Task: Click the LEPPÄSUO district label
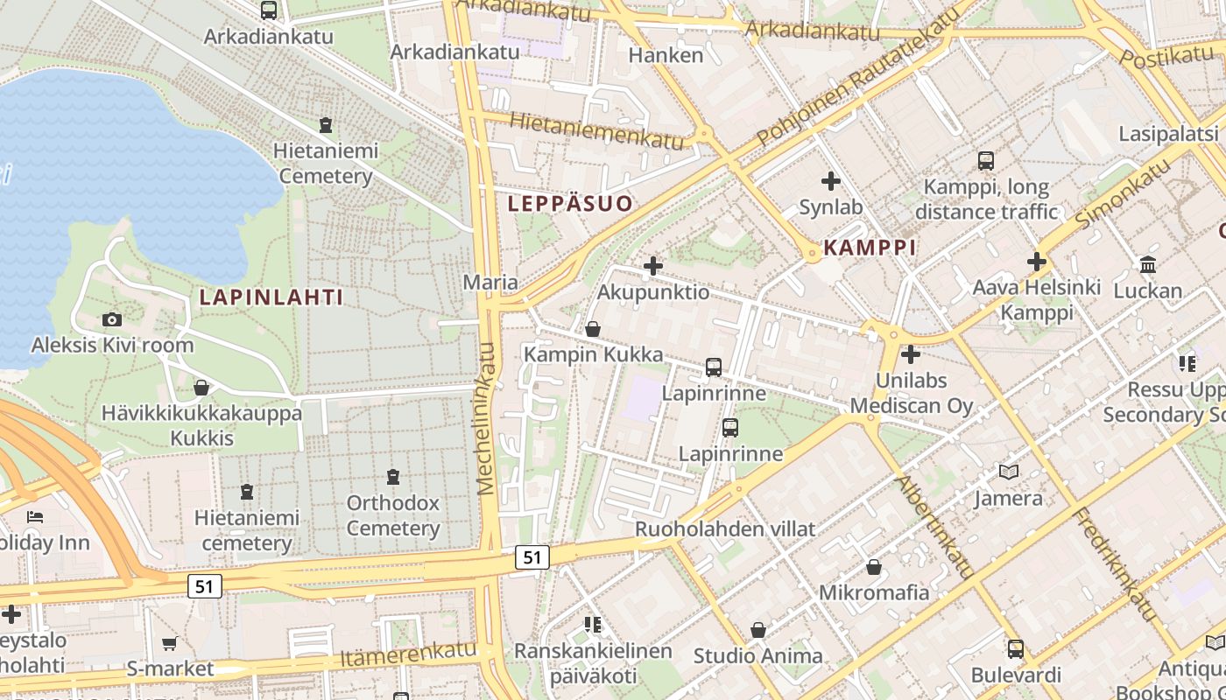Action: pos(570,204)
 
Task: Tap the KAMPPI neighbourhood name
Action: pos(870,248)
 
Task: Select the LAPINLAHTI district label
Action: pos(271,297)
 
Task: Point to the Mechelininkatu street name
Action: pos(487,418)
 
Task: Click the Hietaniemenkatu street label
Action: pos(595,130)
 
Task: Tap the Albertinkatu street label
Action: pos(934,527)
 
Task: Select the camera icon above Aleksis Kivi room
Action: pos(112,320)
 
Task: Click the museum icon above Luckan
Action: pos(1147,264)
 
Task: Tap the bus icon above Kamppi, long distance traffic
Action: pos(986,161)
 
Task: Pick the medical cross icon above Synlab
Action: pos(830,182)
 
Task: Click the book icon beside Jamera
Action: pos(1009,472)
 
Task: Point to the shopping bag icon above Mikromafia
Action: pos(873,567)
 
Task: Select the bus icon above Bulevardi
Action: pos(1015,649)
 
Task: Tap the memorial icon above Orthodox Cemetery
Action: pos(392,477)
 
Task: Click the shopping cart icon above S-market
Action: pos(169,643)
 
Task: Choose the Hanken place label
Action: pos(666,55)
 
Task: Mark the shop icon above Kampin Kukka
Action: pos(593,329)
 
